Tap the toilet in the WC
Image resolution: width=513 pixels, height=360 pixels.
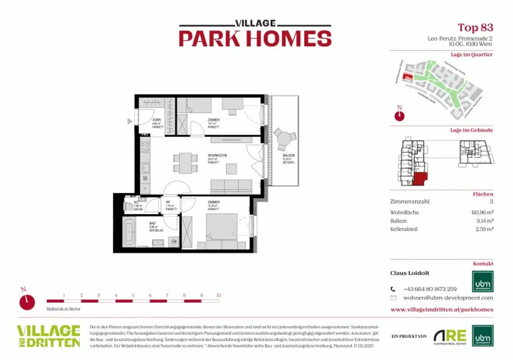point(129,206)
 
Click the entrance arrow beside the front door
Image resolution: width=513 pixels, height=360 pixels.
point(130,121)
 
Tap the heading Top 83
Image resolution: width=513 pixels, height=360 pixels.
point(475,27)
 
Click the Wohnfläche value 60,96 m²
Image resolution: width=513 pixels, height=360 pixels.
point(482,212)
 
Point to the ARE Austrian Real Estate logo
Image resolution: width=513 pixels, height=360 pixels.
point(449,336)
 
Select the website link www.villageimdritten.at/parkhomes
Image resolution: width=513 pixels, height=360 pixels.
point(441,309)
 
